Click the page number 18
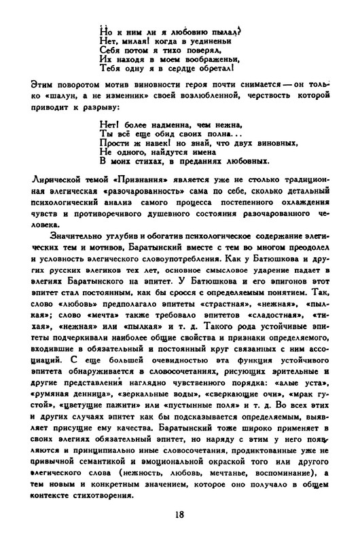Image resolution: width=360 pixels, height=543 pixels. [179, 514]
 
